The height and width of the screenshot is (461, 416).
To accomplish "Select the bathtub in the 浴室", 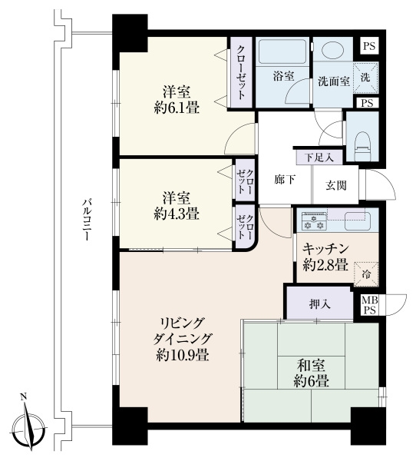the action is tap(282, 51).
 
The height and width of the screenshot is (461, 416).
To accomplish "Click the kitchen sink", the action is tap(358, 221).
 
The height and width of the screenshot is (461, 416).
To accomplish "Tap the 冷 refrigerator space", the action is tap(366, 274).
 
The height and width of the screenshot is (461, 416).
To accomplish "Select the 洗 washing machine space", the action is tap(366, 78).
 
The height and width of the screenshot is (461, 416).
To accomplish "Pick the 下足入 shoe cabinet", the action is tap(319, 158).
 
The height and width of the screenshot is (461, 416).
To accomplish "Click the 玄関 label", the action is tap(336, 185).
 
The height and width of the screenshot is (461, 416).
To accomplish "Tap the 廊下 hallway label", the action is tap(285, 179).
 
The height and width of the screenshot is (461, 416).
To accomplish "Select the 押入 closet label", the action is tap(320, 303).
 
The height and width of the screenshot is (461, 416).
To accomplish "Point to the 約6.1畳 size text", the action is tap(177, 108).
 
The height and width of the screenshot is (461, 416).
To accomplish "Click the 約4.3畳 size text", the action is tap(177, 214).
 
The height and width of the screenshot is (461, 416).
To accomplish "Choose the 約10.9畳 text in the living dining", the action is tap(183, 356).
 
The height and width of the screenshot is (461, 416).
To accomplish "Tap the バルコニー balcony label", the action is tap(86, 219).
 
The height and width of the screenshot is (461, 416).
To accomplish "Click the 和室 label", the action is tap(311, 366).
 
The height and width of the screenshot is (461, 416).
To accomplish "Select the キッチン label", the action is tap(325, 249).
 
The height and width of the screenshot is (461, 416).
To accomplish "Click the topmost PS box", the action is tap(369, 46).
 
